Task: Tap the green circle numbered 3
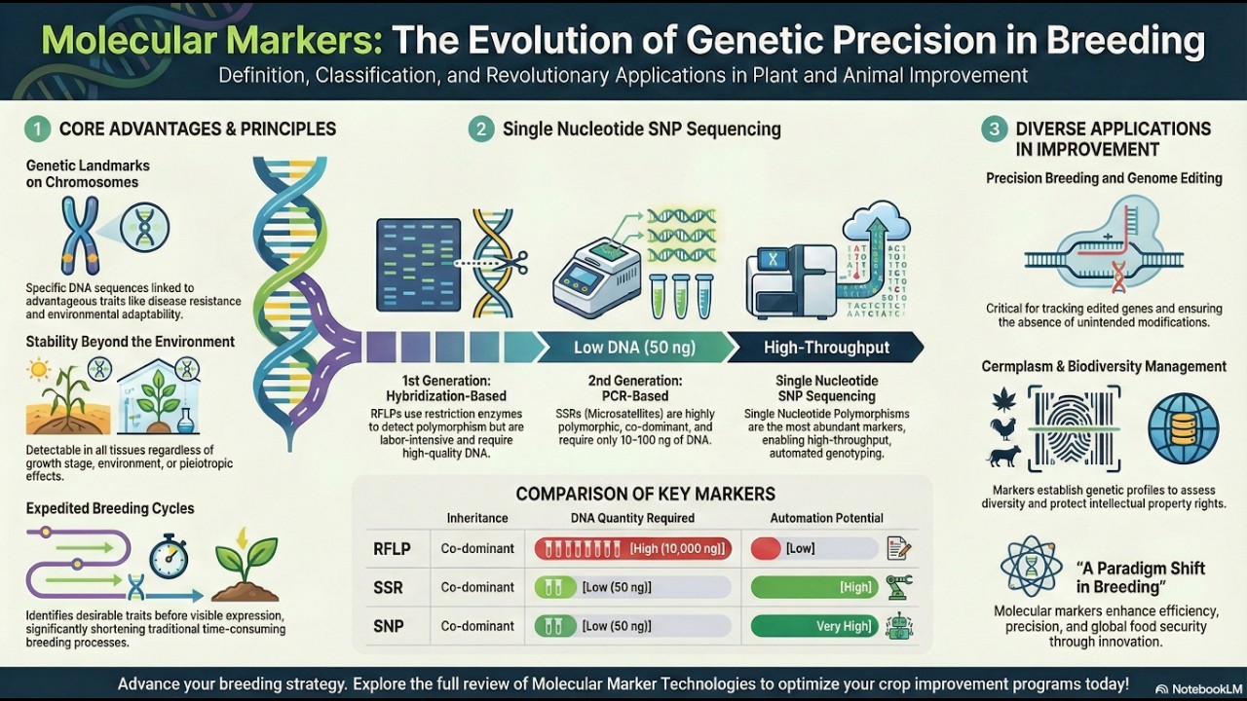coord(994,129)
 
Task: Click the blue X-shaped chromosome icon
coord(80,235)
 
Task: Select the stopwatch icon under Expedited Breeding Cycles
coord(169,557)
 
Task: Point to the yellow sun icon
coord(40,369)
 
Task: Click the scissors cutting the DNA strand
coord(516,262)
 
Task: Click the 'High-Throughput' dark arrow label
coord(826,348)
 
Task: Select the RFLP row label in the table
coord(392,548)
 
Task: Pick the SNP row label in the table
coord(389,626)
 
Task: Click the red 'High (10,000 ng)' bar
coord(633,548)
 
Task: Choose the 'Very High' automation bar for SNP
coord(814,626)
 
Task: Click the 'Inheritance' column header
coord(476,518)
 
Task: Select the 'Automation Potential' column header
coord(826,518)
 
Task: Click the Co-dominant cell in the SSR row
coord(477,587)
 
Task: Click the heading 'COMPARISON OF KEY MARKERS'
coord(646,494)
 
